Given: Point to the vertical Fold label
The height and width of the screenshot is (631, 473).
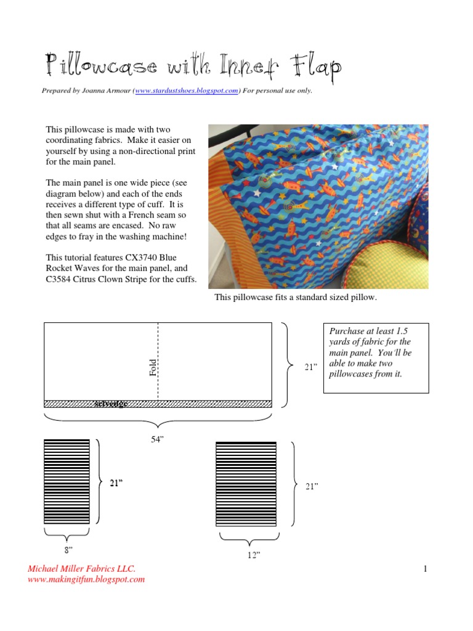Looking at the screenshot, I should tap(153, 368).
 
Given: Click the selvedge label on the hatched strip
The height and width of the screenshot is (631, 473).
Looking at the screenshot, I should tap(111, 404).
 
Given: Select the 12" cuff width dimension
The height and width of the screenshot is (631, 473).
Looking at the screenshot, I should tap(253, 555).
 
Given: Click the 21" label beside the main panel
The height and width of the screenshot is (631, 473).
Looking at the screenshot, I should tap(311, 367).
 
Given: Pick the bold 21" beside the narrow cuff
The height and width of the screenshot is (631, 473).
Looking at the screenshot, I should tap(117, 483).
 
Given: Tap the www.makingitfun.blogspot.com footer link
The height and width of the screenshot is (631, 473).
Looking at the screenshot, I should tap(86, 579).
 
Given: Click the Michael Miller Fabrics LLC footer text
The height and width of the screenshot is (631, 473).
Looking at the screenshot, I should tap(81, 568).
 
